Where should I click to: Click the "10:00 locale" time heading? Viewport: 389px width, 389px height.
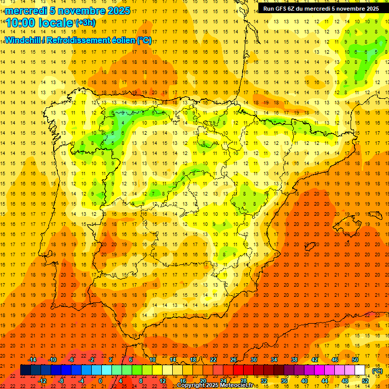click(40, 23)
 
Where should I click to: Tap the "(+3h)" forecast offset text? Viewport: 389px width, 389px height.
click(85, 23)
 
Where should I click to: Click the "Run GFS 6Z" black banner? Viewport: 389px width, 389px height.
click(321, 8)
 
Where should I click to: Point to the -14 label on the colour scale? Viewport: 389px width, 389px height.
click(32, 359)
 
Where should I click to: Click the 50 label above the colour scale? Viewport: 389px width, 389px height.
click(355, 359)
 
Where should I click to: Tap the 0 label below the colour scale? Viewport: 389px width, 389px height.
click(100, 380)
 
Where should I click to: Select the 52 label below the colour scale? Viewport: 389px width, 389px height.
click(365, 380)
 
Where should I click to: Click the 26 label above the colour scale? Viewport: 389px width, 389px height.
click(234, 359)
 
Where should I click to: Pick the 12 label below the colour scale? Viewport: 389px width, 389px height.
click(163, 380)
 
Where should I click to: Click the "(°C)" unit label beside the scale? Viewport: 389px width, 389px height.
click(377, 371)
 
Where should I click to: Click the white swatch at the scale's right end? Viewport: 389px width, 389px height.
click(360, 370)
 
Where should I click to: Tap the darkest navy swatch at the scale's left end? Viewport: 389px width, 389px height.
click(25, 370)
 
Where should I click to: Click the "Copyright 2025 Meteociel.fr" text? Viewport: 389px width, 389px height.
click(215, 385)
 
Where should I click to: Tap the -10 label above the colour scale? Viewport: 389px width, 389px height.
click(52, 359)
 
